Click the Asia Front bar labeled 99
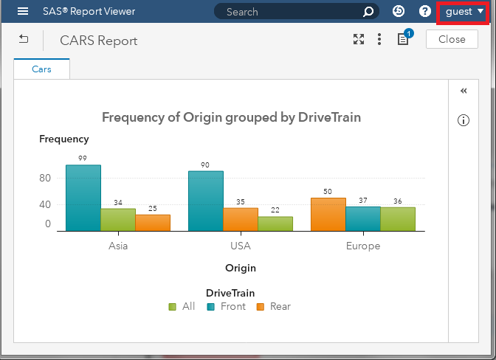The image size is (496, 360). (83, 198)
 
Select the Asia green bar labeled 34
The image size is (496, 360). (118, 220)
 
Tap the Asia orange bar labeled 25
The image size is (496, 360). (153, 223)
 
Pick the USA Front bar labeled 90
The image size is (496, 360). (206, 201)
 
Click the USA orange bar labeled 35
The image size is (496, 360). (241, 219)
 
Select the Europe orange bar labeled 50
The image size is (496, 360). (328, 214)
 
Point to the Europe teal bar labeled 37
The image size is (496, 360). (363, 218)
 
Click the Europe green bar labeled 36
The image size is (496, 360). (398, 219)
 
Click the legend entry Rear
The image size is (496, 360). (273, 306)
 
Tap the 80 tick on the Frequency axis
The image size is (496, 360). (45, 178)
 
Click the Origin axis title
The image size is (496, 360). (241, 268)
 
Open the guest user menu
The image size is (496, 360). (464, 12)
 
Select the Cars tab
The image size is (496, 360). (41, 69)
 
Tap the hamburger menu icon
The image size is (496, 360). (23, 12)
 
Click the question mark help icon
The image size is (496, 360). (425, 12)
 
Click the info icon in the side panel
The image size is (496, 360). (464, 121)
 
